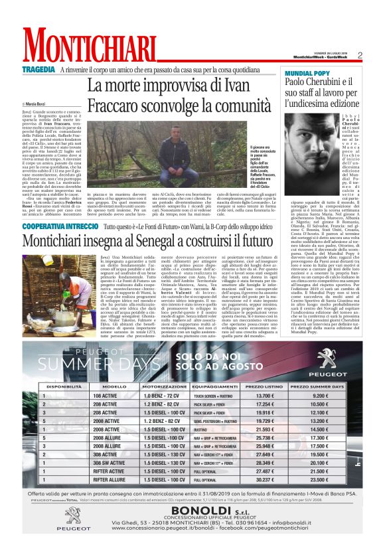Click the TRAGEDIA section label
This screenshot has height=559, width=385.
38,70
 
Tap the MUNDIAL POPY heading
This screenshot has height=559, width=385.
307,71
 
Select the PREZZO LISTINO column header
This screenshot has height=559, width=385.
264,386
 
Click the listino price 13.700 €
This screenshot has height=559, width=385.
264,396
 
